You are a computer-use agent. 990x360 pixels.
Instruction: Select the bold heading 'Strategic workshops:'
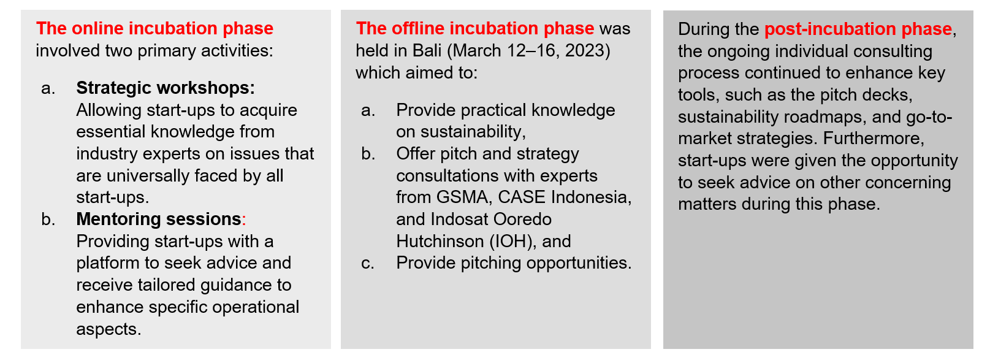[166, 88]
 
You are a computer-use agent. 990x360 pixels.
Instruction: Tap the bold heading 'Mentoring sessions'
[159, 220]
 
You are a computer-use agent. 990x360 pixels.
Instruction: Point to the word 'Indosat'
[459, 220]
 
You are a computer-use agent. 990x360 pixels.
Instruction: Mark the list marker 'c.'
[368, 263]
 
